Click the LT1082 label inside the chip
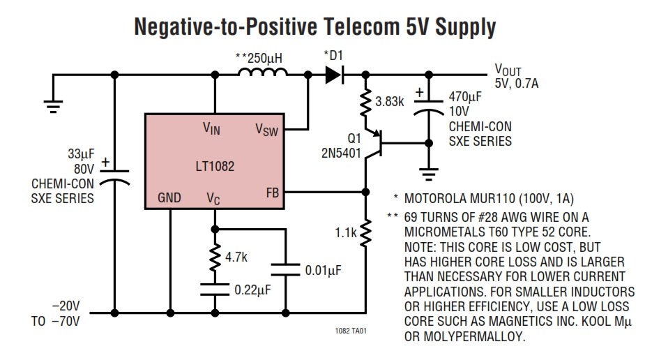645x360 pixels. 215,166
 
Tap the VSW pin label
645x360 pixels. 266,130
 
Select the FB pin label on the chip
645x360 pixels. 273,193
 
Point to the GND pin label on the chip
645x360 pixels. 169,198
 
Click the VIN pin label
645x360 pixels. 211,128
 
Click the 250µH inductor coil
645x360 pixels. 263,73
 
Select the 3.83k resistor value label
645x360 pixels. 390,101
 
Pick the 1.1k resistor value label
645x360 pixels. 346,233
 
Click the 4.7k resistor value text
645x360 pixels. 236,257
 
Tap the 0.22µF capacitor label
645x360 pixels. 252,290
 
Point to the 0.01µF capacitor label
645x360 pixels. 324,271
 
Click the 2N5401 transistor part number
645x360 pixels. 341,153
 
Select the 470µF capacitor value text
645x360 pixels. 465,97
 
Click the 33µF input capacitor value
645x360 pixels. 81,154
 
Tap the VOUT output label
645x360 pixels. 508,70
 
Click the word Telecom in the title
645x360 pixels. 362,27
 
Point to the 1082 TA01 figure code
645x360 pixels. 351,331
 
